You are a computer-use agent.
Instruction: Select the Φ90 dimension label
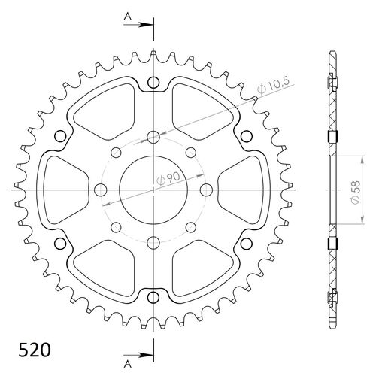(x=167, y=179)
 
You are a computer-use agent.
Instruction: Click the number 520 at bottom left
(x=33, y=350)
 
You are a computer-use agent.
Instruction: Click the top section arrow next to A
(x=143, y=26)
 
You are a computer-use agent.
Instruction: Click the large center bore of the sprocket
(x=153, y=189)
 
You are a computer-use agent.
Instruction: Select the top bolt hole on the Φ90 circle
(x=153, y=137)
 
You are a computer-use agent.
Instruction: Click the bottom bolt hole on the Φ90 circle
(x=153, y=241)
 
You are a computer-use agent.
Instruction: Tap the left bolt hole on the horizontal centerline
(x=101, y=189)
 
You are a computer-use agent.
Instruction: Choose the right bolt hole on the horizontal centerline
(x=205, y=189)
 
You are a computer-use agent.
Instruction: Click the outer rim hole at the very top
(x=153, y=83)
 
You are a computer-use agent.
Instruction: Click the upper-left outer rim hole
(x=62, y=136)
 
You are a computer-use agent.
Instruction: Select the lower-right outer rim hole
(x=245, y=242)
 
